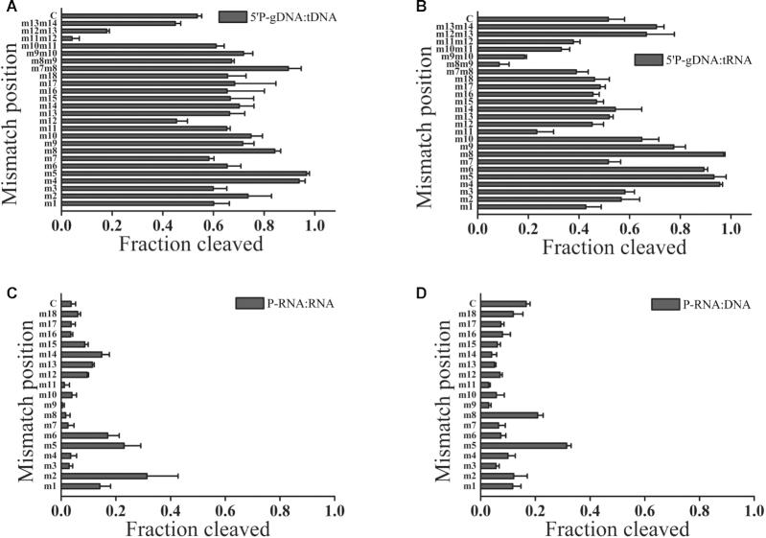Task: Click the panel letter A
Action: pyautogui.click(x=9, y=8)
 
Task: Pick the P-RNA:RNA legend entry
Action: pyautogui.click(x=282, y=304)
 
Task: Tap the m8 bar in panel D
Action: pyautogui.click(x=510, y=415)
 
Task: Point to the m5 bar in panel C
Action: pyautogui.click(x=93, y=445)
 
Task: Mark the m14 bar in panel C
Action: pyautogui.click(x=81, y=354)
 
